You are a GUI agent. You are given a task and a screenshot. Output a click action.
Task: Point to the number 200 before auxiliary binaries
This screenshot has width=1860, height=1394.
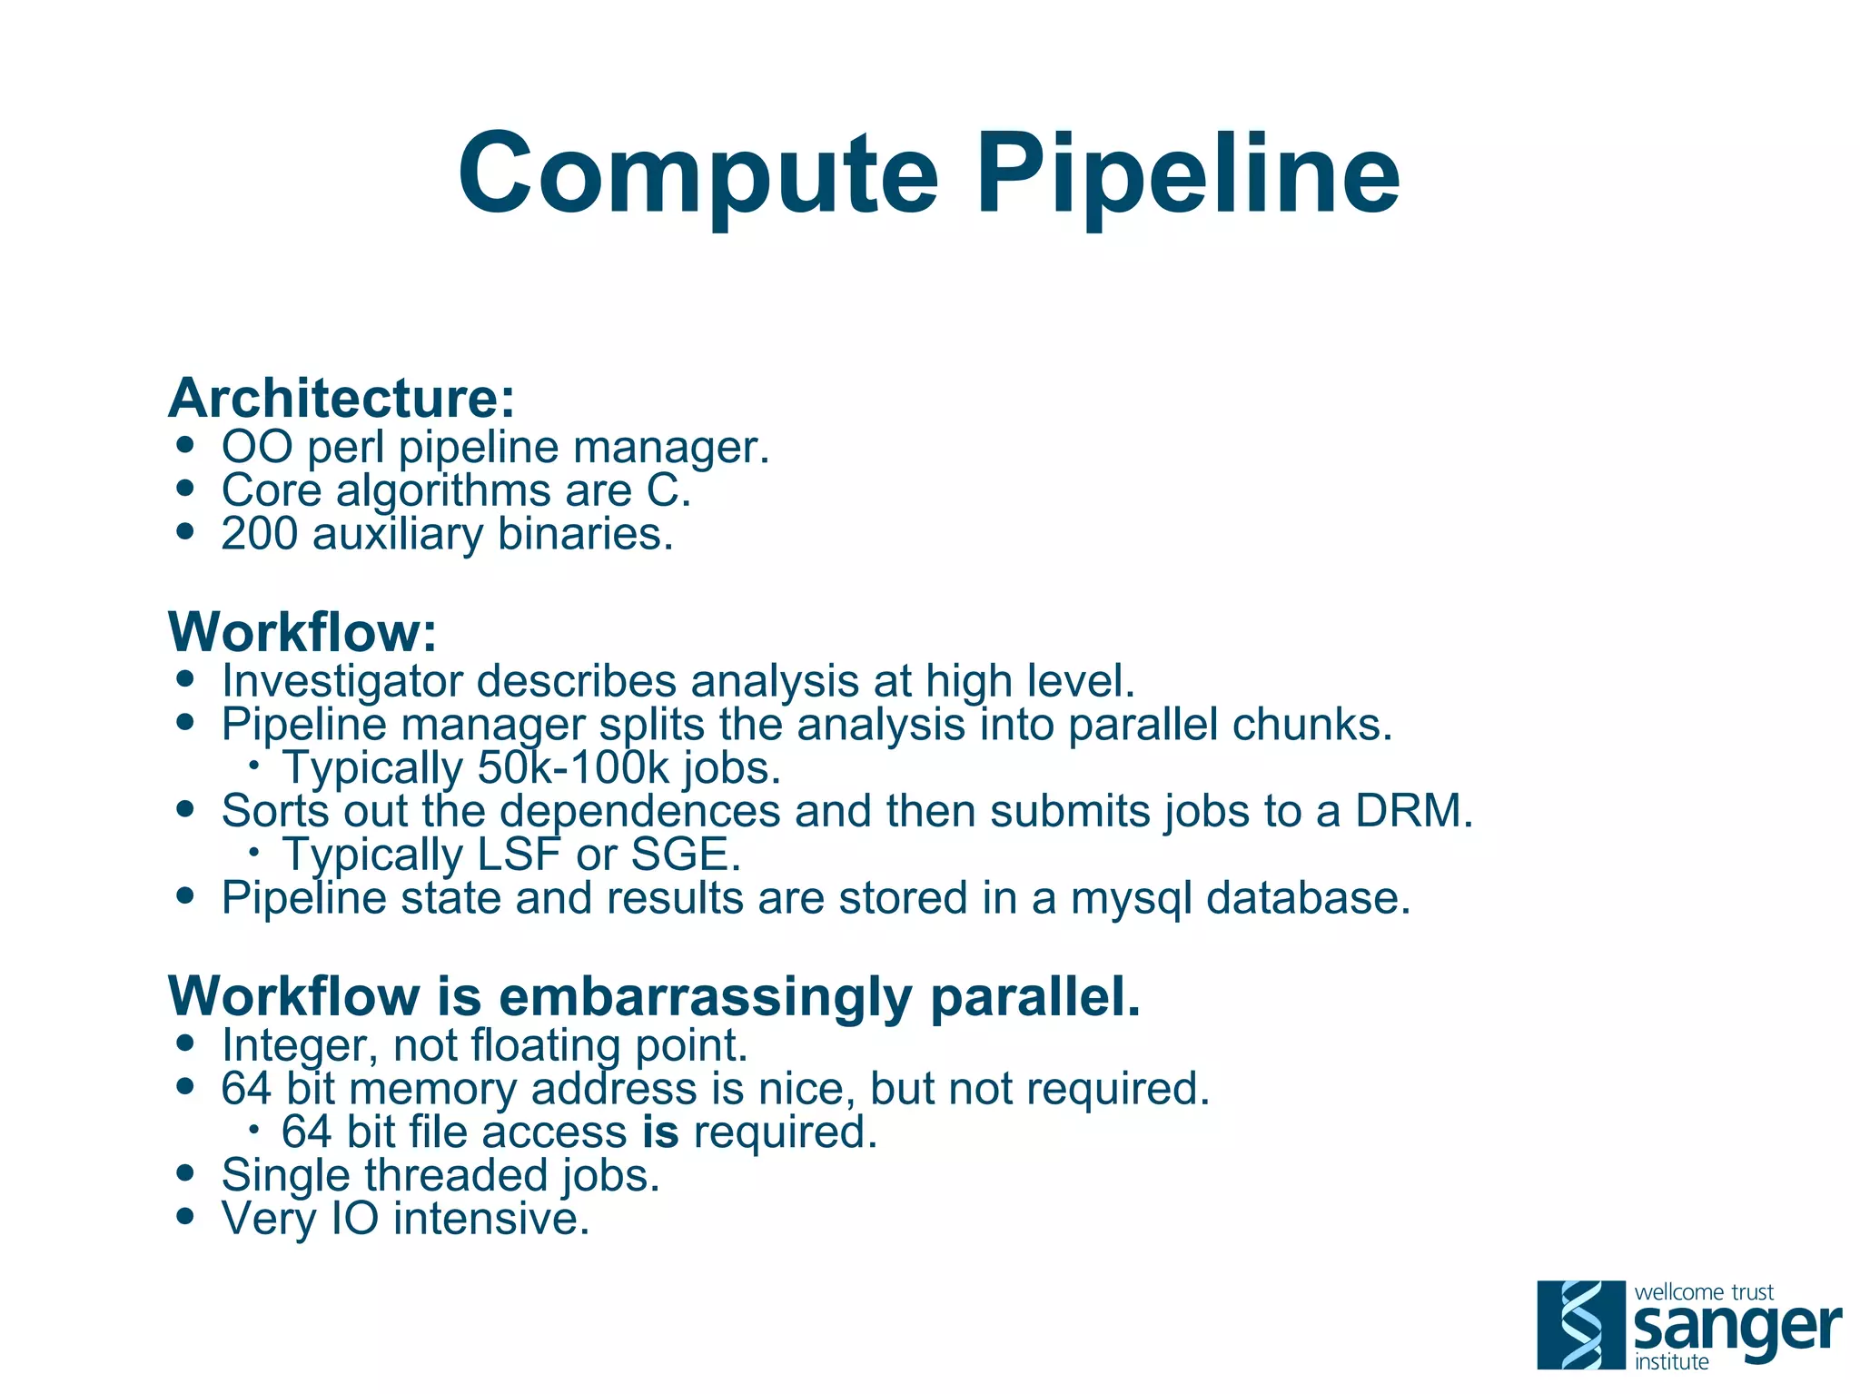click(259, 534)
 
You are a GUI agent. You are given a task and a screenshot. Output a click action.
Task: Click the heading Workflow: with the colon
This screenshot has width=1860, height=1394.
click(302, 632)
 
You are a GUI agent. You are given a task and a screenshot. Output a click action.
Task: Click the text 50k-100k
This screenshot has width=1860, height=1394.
click(572, 768)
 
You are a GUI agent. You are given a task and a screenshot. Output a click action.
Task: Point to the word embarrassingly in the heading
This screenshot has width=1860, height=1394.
click(705, 997)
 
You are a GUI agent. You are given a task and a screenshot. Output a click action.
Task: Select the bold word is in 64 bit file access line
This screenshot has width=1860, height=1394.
click(660, 1132)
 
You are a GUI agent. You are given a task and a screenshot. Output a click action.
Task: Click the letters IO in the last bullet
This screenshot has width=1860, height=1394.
click(354, 1219)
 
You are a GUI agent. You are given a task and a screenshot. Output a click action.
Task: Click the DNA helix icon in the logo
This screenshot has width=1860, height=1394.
click(1580, 1324)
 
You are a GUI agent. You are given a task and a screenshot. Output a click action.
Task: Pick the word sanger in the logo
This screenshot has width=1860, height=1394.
click(1736, 1329)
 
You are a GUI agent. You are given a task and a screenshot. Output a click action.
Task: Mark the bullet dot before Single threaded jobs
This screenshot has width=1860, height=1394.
click(186, 1172)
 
